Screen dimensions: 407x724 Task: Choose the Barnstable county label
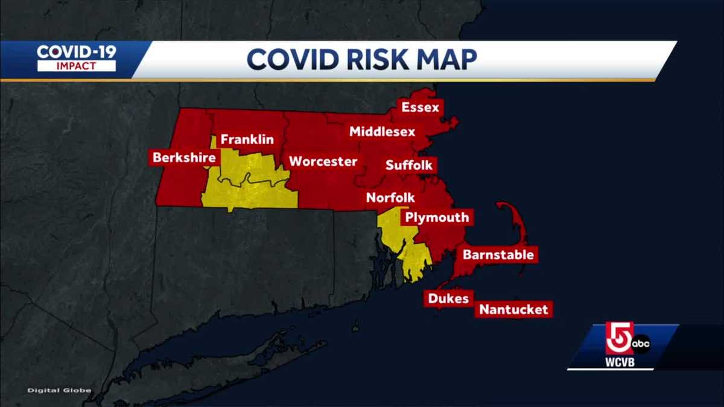tap(498, 254)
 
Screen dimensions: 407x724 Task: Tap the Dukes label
tap(448, 298)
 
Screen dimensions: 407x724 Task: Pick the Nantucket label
tap(513, 310)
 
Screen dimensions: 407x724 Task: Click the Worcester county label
tap(323, 162)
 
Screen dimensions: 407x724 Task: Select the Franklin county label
tap(247, 140)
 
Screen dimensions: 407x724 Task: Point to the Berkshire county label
tap(184, 158)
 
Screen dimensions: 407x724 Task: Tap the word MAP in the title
tap(446, 59)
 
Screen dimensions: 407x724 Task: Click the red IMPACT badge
tap(77, 66)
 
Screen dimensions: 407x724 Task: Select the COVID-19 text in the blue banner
tap(77, 51)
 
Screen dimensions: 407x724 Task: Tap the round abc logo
tap(641, 344)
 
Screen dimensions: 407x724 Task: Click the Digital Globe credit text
tap(59, 391)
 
